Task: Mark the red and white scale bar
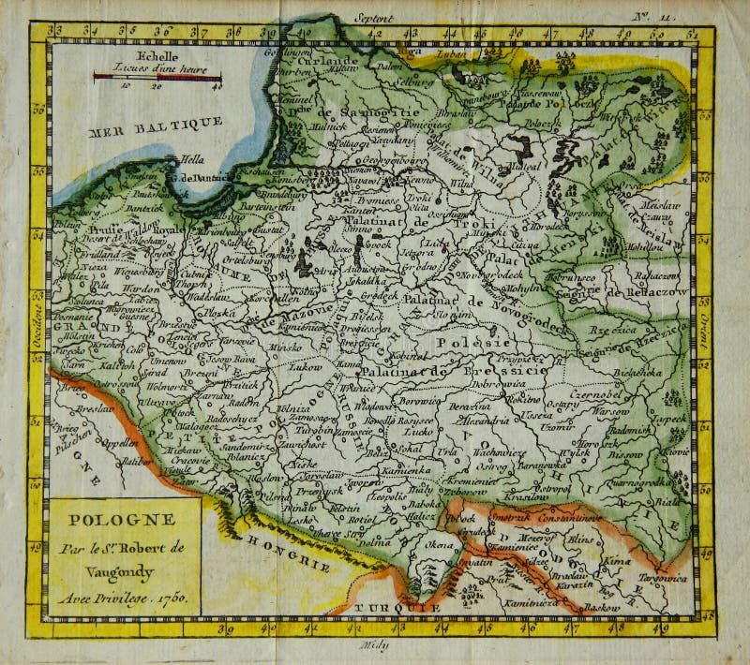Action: coord(157,77)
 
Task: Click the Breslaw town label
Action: coord(88,408)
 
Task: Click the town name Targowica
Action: coord(660,577)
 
